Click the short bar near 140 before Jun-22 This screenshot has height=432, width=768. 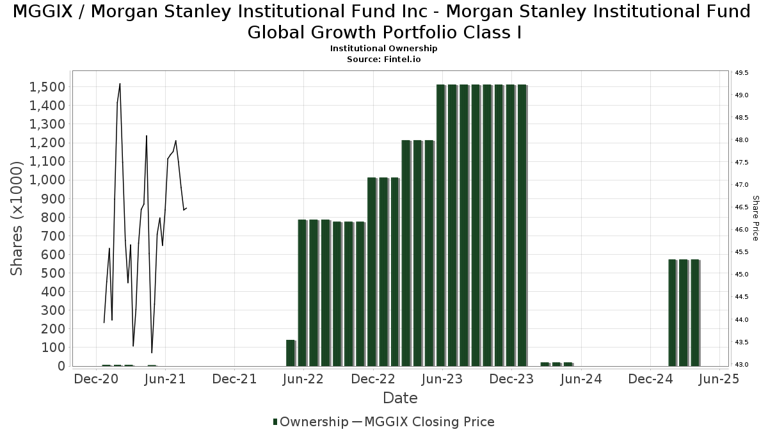coord(290,353)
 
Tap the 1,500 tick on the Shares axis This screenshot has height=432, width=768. coord(47,87)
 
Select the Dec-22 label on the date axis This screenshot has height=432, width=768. coord(373,379)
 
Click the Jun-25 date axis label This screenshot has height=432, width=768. coord(721,379)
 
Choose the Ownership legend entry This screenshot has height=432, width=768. coord(310,422)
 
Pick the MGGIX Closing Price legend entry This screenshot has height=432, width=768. coord(423,422)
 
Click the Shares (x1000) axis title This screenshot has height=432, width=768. coord(17,218)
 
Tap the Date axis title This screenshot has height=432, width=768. coord(400,398)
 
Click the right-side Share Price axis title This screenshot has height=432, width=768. coord(755,218)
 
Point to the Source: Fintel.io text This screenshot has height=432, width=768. coord(384,59)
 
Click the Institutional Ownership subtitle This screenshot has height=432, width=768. coord(384,49)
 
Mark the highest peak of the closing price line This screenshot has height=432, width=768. coord(120,84)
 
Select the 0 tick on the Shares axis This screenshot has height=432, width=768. coord(61,366)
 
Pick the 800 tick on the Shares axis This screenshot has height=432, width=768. coord(54,218)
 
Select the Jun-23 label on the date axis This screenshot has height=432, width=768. coord(442,379)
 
